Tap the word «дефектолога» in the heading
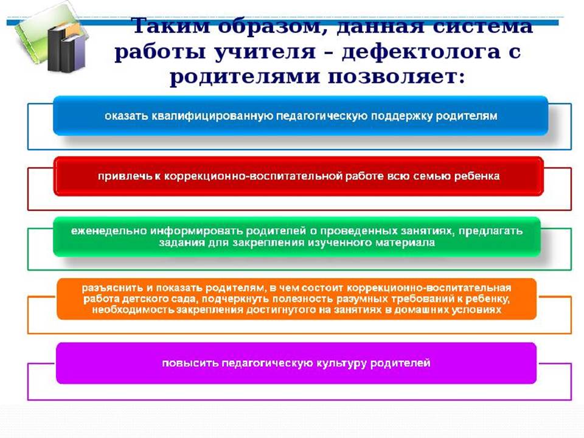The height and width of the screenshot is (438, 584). [421, 52]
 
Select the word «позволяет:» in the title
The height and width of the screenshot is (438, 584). [396, 77]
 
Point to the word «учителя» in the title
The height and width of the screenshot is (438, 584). [265, 52]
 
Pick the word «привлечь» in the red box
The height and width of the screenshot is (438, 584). [125, 176]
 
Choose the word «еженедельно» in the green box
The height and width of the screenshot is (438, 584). [109, 231]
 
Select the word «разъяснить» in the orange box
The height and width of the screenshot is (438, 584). [113, 288]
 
